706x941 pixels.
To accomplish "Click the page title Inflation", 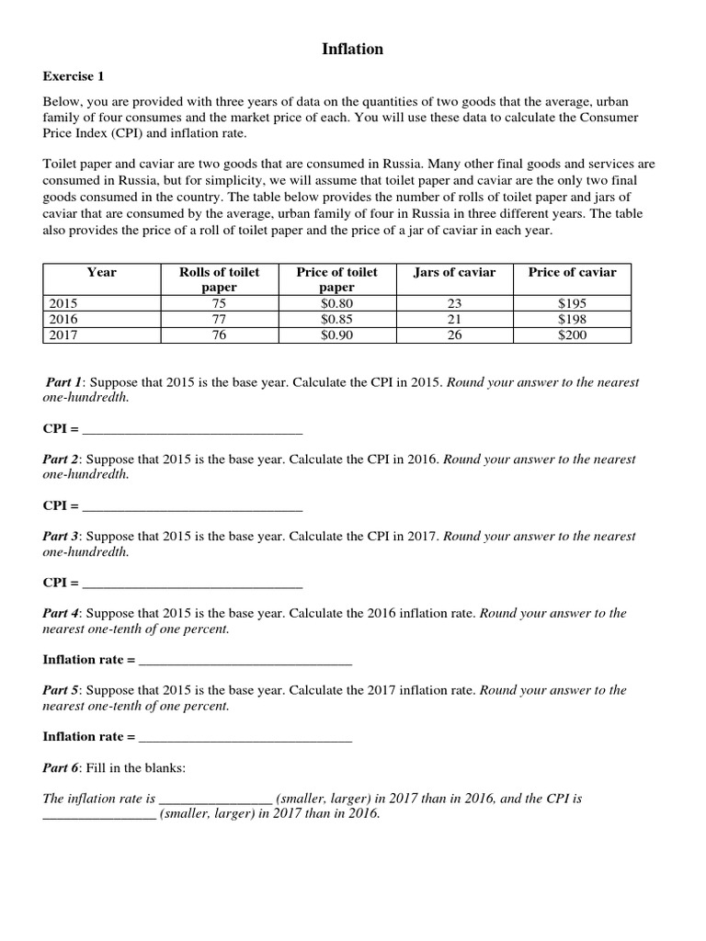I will click(352, 50).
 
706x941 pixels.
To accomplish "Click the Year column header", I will click(101, 272).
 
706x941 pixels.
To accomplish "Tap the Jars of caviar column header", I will click(454, 272).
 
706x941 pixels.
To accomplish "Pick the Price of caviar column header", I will click(572, 272).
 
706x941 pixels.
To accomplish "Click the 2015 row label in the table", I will click(63, 303).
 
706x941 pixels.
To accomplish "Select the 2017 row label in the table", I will click(63, 334).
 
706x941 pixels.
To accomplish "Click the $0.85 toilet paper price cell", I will click(336, 319).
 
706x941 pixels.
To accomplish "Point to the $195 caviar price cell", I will click(572, 303).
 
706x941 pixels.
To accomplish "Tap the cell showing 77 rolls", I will click(219, 319).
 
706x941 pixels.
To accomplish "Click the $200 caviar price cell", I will click(572, 334).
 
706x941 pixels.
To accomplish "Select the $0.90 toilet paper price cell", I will click(336, 334).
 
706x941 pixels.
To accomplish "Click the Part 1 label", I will click(65, 382).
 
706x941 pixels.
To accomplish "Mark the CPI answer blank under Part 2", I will click(192, 505).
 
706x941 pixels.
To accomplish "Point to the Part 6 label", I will click(63, 767).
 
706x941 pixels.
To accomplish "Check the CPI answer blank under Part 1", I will click(192, 428).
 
